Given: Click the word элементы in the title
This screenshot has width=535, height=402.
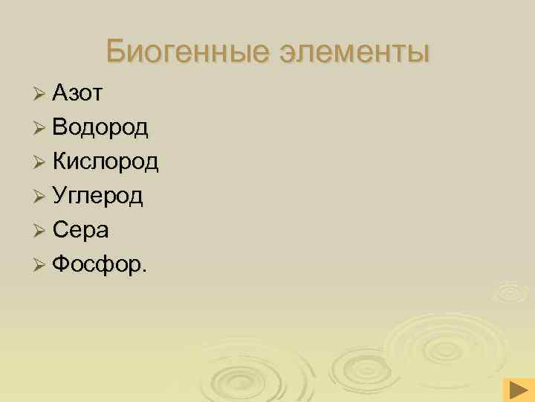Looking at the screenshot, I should click(354, 53).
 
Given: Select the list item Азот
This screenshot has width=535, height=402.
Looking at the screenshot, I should click(78, 93).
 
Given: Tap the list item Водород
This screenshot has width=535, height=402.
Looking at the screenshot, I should click(100, 127).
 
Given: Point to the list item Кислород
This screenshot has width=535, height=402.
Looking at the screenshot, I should click(106, 162).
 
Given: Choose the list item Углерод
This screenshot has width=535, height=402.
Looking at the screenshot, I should click(98, 196).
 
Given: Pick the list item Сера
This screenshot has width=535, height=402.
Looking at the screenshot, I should click(81, 230).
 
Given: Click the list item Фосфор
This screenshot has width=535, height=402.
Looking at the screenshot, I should click(98, 264).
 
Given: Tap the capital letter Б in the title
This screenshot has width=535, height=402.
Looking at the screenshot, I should click(115, 51).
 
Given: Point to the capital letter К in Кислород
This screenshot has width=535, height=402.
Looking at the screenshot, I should click(60, 162).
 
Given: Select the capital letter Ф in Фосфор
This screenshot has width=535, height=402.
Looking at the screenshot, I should click(62, 264).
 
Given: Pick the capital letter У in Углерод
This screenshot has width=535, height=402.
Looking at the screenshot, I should click(59, 196).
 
